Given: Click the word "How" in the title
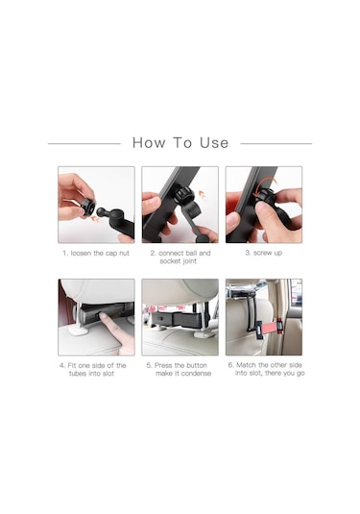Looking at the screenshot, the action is [x=149, y=143].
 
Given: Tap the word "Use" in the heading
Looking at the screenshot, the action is [x=214, y=143].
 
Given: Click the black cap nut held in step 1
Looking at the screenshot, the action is [x=88, y=207].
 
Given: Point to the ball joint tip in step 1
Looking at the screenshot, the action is [x=100, y=211].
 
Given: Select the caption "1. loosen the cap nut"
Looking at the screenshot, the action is [x=96, y=253].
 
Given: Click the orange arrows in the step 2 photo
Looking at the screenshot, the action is [x=203, y=195].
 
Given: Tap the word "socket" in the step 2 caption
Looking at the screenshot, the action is [x=168, y=261].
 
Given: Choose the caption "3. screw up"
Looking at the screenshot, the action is [x=264, y=253].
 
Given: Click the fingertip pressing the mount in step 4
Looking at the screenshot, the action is [x=103, y=317].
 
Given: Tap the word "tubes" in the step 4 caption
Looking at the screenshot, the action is [x=78, y=374].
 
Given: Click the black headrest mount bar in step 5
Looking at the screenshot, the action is [x=177, y=318].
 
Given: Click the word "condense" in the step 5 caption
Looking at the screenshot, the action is [x=197, y=374].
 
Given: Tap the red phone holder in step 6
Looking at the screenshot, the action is [x=269, y=327].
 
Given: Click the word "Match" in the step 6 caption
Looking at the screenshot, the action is [x=247, y=365].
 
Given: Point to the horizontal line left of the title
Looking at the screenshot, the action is [x=84, y=143].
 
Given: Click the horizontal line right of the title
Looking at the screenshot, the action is [x=276, y=143].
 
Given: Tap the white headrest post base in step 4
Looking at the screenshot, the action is [x=79, y=330].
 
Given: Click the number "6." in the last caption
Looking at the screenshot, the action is [x=231, y=365].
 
